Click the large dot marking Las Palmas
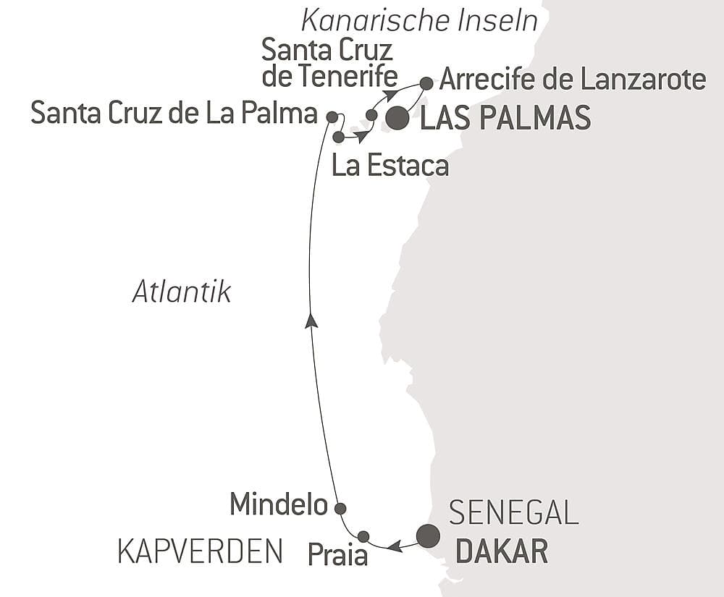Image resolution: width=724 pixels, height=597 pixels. click(397, 118)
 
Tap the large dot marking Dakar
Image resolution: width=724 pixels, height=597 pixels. click(428, 535)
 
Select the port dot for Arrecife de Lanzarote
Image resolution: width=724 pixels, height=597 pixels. click(426, 83)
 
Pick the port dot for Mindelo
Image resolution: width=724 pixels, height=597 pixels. click(340, 508)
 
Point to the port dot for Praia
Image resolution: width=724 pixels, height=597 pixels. click(363, 536)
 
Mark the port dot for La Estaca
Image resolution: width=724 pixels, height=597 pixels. click(338, 136)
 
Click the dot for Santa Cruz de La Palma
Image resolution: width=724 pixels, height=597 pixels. click(332, 116)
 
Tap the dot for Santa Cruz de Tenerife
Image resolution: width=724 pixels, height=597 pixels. click(371, 114)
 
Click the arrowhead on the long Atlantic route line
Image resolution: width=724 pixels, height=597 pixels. click(311, 321)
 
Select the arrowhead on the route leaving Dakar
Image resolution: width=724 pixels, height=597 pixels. click(395, 546)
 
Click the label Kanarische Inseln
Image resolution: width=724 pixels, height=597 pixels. click(420, 21)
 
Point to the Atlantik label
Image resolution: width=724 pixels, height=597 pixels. click(182, 292)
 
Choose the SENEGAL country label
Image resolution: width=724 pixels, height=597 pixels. click(513, 513)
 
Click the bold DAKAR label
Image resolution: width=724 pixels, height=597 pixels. click(501, 552)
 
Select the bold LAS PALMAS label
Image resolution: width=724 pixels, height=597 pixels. click(505, 118)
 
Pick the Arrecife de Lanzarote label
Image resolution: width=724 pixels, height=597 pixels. click(572, 79)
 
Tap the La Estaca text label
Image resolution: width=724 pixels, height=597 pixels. click(390, 166)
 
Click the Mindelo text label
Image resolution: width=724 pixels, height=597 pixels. click(279, 505)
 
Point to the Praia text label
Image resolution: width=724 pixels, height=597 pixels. click(337, 555)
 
